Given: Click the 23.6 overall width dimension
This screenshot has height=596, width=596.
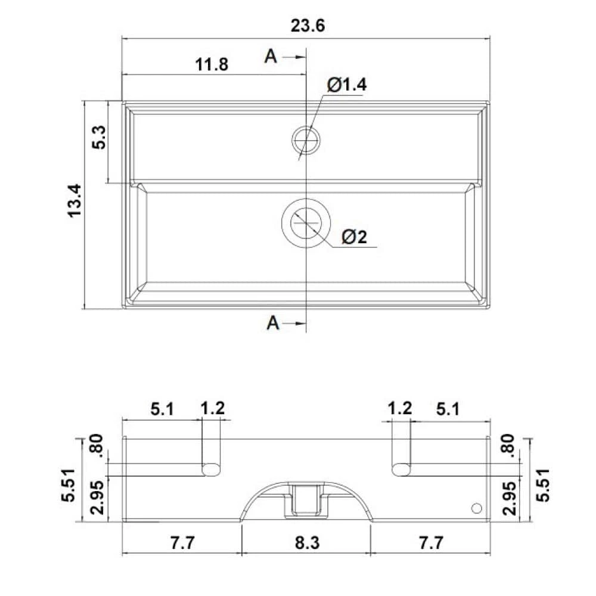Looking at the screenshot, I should tap(308, 26).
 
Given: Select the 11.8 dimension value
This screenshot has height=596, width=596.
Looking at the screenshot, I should tap(211, 64).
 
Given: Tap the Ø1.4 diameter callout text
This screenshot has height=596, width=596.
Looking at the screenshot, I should tap(346, 85).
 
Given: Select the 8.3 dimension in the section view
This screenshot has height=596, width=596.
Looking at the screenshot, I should tap(306, 543).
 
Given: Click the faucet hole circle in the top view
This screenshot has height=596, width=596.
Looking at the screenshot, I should tap(306, 139).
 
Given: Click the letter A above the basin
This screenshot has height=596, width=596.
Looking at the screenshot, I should tap(271, 56).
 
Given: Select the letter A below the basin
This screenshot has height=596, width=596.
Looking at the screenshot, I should tap(272, 323).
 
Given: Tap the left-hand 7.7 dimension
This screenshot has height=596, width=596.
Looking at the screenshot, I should tap(183, 543).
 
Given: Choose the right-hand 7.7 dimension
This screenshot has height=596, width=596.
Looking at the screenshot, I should tap(430, 543).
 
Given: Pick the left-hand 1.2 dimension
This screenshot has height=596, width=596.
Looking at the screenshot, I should tap(212, 409).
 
